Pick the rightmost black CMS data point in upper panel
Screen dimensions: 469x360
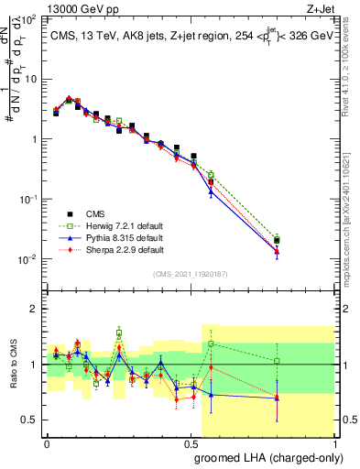(x=277, y=240)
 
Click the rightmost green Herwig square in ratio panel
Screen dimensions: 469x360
(x=277, y=361)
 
